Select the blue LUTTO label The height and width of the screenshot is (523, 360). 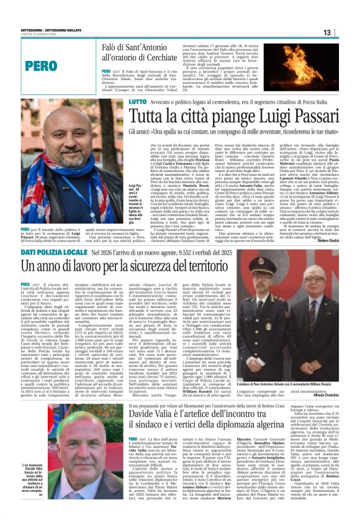[x=138, y=101]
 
